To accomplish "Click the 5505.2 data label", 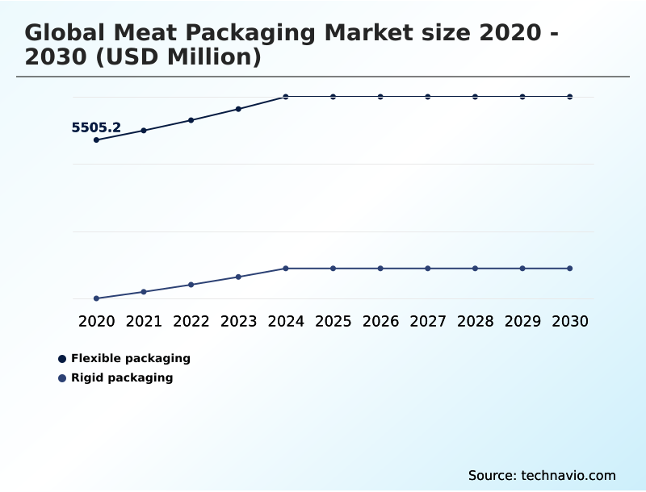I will (x=96, y=127).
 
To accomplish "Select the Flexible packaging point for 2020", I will (x=96, y=140).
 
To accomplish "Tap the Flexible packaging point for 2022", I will (x=191, y=120).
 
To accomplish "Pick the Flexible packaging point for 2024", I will (x=286, y=97).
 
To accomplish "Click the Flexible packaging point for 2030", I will (x=570, y=97).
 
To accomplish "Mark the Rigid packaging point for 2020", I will (x=96, y=298).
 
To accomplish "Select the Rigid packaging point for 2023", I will (x=238, y=277).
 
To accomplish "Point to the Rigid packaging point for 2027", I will (x=428, y=268).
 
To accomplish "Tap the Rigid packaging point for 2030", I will (x=570, y=268).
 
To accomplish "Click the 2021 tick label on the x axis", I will (x=144, y=322).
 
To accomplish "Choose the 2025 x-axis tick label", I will (x=333, y=322).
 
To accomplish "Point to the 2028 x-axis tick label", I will (x=475, y=322).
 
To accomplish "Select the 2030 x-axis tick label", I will (x=570, y=322).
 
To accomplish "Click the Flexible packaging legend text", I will (x=131, y=358).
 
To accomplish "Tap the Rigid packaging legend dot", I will (x=62, y=378).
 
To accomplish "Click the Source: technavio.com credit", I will (x=542, y=475).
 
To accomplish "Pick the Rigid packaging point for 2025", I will (x=333, y=268).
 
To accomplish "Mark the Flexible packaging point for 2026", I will (x=380, y=97).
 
